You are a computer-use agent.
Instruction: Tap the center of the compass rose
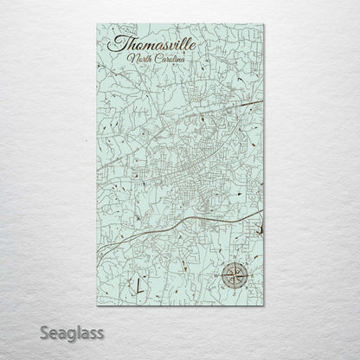(233, 277)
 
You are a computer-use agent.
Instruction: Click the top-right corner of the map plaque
(264, 25)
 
